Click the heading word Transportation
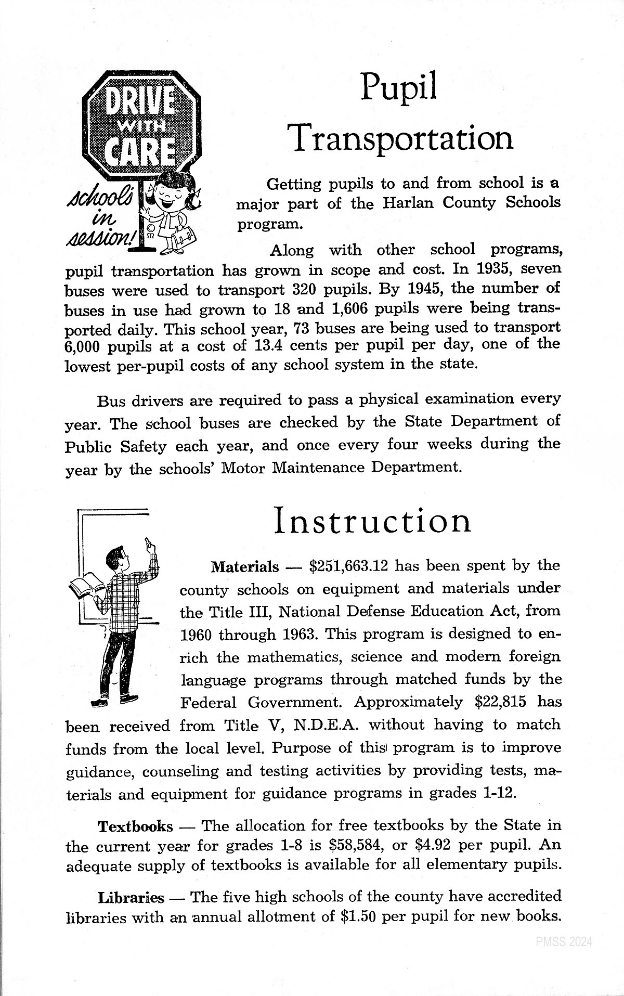(x=400, y=138)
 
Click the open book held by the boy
(x=86, y=585)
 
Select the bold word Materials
(x=244, y=567)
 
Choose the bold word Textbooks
(x=135, y=826)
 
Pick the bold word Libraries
(x=131, y=898)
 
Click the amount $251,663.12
(x=348, y=566)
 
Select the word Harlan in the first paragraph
(x=408, y=203)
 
